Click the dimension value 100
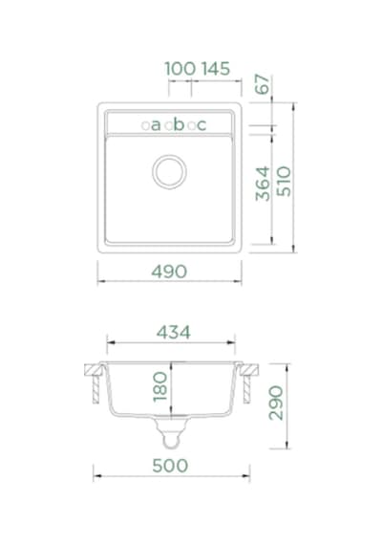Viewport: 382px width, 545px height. coord(180,69)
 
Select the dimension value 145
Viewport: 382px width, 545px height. coord(216,69)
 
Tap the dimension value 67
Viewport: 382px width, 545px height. coord(263,84)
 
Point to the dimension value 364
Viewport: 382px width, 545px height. coord(263,184)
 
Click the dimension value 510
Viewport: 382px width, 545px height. coord(284,181)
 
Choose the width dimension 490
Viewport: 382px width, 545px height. coord(169,272)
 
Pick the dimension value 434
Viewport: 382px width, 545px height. coord(173,333)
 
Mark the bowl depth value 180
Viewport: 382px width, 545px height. coord(160,387)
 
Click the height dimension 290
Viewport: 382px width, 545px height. coord(276,403)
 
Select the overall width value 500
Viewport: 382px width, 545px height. coord(170,466)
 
